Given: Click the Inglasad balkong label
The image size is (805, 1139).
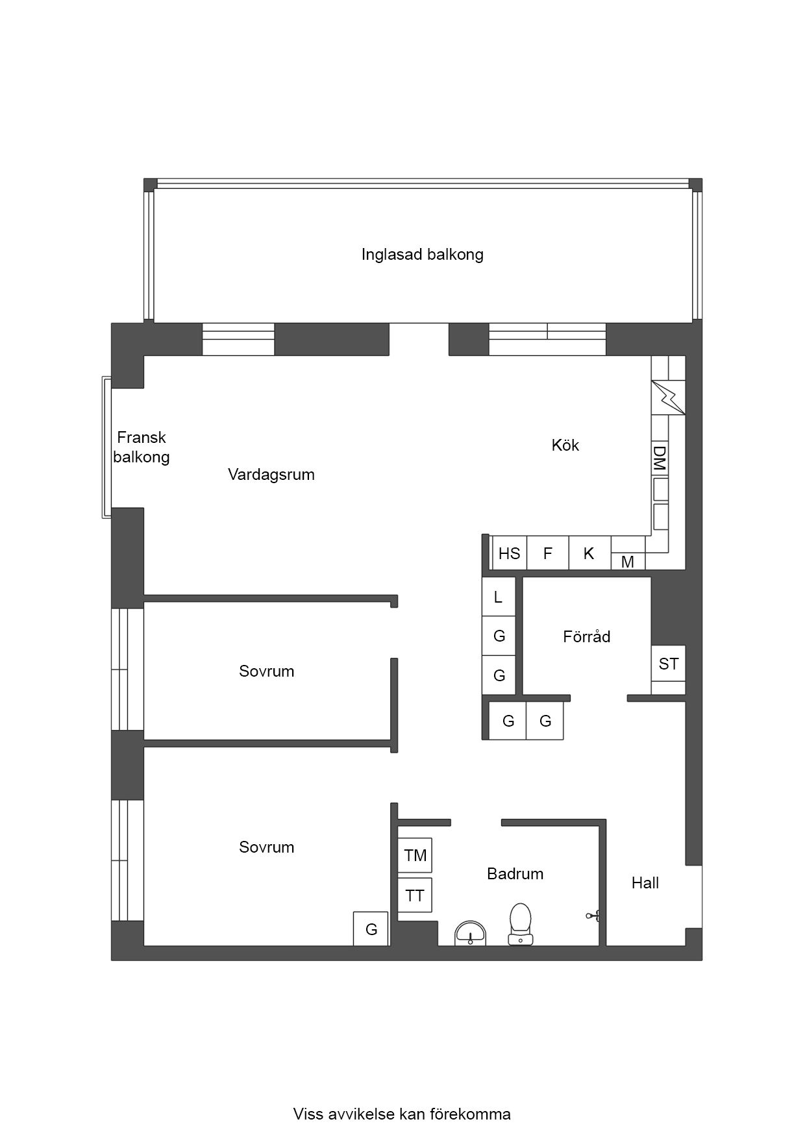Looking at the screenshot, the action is [x=422, y=254].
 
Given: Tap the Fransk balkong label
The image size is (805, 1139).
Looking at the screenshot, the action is [x=141, y=447].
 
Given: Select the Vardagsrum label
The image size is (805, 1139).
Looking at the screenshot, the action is [x=271, y=475].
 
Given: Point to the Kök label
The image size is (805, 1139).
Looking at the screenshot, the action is [x=565, y=445].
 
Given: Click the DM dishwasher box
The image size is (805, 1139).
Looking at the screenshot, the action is [x=660, y=458].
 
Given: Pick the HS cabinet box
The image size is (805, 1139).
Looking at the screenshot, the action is [x=509, y=553].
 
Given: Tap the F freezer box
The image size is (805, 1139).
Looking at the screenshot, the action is [x=547, y=553].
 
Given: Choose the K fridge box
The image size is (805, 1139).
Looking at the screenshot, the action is [x=589, y=553].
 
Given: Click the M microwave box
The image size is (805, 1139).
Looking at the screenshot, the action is [x=628, y=562].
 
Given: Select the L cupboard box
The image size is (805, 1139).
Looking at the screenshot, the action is [x=499, y=597].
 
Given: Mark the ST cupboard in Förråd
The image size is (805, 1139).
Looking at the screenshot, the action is [x=668, y=663].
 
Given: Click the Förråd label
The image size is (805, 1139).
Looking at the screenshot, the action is [x=586, y=636].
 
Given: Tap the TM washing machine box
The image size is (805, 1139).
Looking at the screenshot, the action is [x=415, y=855].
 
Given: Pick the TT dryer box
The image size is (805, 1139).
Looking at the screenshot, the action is [x=415, y=895].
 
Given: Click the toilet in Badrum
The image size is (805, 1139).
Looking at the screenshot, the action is [x=520, y=924].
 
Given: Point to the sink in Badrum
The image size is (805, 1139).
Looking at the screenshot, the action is [x=470, y=933].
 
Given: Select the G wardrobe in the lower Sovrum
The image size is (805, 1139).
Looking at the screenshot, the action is [x=371, y=929].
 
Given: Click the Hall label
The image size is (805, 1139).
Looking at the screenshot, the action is [x=645, y=882].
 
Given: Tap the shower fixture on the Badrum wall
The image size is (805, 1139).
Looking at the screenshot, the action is [x=593, y=916].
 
